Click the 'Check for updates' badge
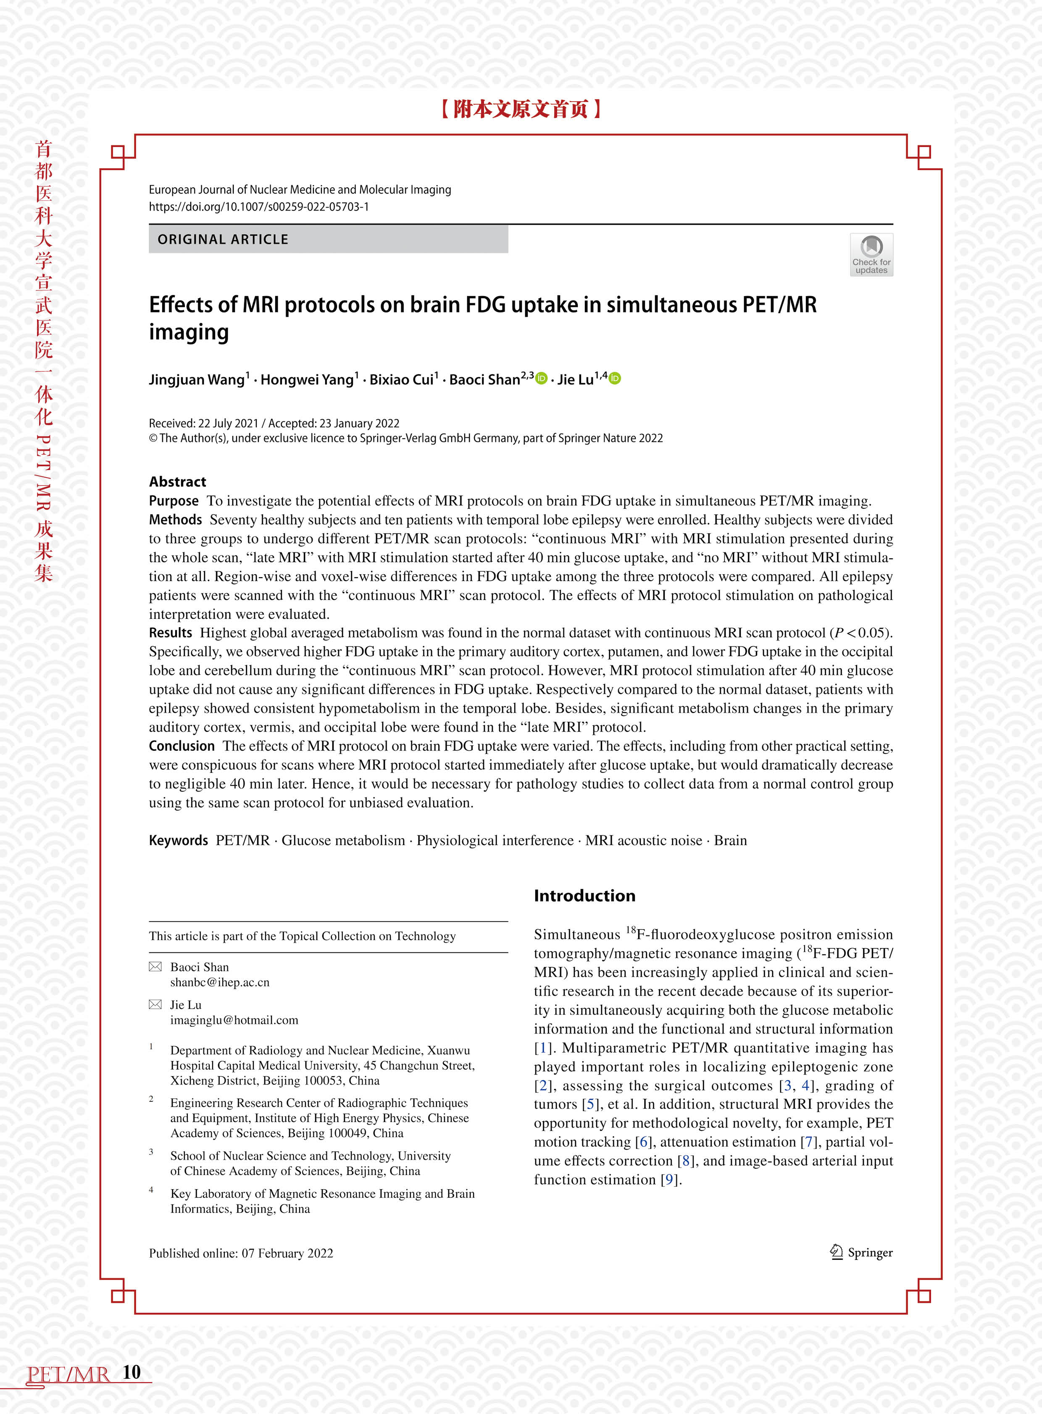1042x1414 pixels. (x=871, y=255)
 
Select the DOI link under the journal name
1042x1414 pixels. (x=258, y=207)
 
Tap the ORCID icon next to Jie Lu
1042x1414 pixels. (x=615, y=378)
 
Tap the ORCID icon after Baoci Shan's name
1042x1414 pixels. (x=541, y=378)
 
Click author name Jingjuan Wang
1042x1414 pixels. (x=196, y=380)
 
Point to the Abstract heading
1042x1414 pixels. (x=177, y=482)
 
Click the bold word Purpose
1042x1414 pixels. (x=174, y=501)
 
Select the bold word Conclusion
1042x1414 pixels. (x=182, y=746)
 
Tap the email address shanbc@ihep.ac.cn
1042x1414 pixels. (x=219, y=982)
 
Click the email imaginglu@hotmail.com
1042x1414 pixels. (x=234, y=1020)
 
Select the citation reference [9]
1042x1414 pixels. (x=668, y=1180)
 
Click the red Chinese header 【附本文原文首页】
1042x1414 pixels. (x=520, y=109)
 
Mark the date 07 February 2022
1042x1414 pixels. (x=287, y=1253)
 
